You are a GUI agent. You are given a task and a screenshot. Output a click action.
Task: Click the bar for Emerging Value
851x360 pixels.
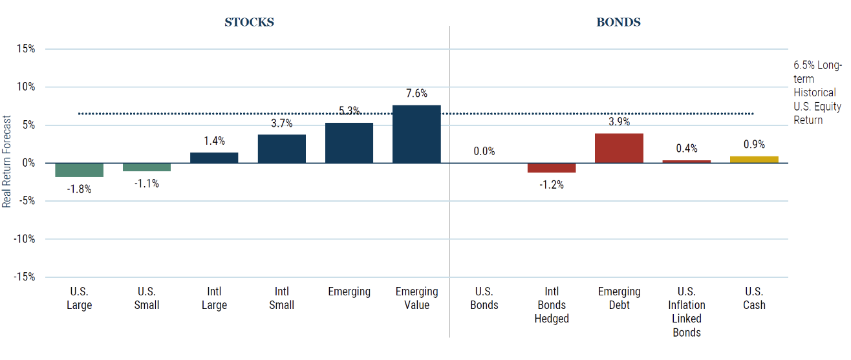coord(417,134)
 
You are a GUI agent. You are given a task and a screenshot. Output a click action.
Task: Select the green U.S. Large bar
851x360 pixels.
coord(80,170)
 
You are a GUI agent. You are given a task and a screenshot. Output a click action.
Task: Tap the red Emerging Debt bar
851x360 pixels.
coord(619,148)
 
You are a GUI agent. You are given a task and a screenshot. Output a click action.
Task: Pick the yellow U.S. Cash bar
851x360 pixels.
coord(754,160)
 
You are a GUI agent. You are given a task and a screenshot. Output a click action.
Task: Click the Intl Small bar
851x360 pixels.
coord(282,149)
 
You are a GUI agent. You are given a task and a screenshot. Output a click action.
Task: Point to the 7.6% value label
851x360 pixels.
coord(417,94)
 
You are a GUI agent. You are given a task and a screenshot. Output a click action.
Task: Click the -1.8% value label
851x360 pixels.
coord(80,189)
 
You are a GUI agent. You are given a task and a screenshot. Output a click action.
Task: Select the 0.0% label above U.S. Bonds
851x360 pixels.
coord(484,151)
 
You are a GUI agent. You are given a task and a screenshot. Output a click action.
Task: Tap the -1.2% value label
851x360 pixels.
coord(552,185)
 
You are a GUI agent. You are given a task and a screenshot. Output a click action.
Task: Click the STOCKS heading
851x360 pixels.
coord(249,22)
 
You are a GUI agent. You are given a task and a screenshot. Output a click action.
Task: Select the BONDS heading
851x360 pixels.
coord(618,22)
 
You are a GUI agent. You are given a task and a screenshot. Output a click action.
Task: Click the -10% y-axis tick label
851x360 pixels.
coord(25,239)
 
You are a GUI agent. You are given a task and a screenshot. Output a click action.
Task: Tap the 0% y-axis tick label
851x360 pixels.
coord(29,163)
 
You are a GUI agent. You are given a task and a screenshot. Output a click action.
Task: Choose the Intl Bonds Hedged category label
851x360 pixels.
coord(552,305)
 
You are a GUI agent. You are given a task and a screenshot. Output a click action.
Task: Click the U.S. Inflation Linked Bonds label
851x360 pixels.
coord(687,312)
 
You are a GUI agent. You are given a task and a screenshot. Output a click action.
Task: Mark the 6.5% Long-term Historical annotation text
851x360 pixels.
coord(817,92)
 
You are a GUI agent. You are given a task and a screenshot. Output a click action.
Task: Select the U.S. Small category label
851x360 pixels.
coord(147,298)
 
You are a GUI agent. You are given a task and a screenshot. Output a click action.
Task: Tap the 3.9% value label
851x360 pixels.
coord(619,122)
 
